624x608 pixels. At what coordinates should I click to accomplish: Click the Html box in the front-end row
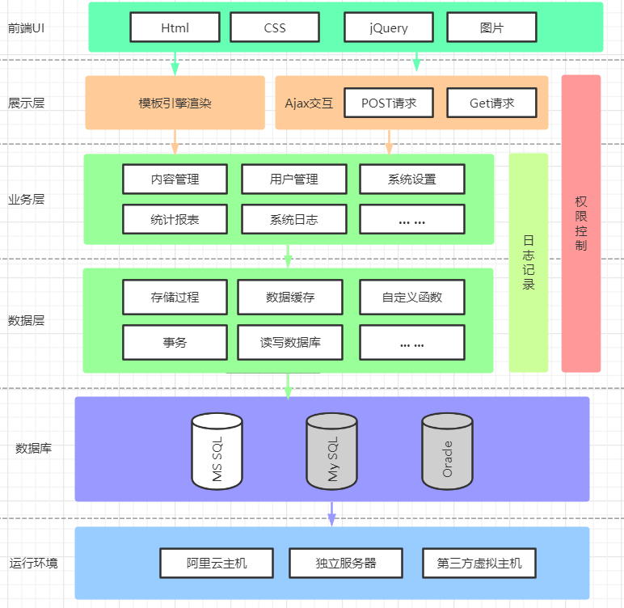point(175,27)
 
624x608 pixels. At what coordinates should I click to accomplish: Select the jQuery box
point(389,27)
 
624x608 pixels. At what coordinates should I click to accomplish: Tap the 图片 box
point(491,27)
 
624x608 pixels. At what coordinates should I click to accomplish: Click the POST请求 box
point(389,103)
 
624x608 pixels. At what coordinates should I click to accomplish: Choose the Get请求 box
point(491,103)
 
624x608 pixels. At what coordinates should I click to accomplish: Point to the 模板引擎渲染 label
point(175,103)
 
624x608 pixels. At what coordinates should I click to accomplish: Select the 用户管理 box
point(293,179)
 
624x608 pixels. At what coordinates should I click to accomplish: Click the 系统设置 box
point(412,179)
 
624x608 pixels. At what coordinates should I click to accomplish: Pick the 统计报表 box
point(175,219)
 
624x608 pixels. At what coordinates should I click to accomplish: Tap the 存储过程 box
point(175,297)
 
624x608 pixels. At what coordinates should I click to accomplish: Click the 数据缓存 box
point(290,297)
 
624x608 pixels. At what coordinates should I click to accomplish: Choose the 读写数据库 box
point(290,342)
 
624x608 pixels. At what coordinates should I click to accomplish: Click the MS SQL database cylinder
point(217,451)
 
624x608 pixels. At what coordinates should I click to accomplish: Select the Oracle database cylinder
point(447,451)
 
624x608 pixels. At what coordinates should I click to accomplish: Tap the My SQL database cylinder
point(332,451)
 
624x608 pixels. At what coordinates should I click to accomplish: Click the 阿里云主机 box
point(217,563)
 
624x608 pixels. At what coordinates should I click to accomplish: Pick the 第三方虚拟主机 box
point(479,563)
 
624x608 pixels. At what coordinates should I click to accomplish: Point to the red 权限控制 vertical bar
point(581,223)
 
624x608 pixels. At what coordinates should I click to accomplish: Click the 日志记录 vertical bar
point(529,263)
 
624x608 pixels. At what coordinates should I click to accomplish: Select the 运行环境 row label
point(33,563)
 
